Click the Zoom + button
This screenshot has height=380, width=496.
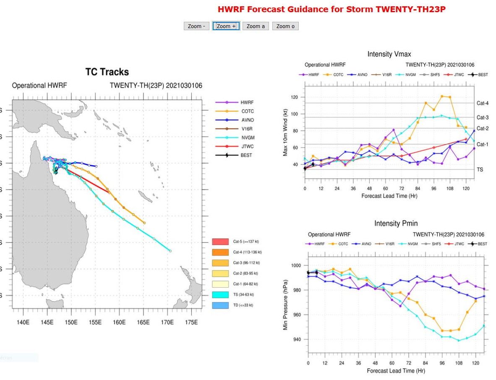tap(226, 26)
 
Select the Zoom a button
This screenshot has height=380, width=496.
tap(256, 26)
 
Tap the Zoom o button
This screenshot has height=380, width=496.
tap(285, 26)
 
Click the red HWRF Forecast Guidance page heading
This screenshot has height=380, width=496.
tap(332, 9)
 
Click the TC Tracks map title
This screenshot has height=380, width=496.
tap(107, 72)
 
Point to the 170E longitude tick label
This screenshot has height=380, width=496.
tap(167, 322)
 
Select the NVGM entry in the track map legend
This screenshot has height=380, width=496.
tap(247, 138)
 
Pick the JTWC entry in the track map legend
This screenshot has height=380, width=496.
tap(247, 146)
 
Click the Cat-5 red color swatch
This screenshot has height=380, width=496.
tap(220, 242)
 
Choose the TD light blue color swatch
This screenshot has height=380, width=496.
tap(220, 305)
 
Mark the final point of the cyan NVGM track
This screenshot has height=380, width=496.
tap(170, 251)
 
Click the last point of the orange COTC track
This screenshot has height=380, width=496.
tap(144, 223)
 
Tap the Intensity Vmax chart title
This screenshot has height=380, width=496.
tap(389, 54)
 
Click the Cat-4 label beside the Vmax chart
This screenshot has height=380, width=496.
tap(482, 103)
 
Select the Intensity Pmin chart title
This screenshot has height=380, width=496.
tap(396, 224)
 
